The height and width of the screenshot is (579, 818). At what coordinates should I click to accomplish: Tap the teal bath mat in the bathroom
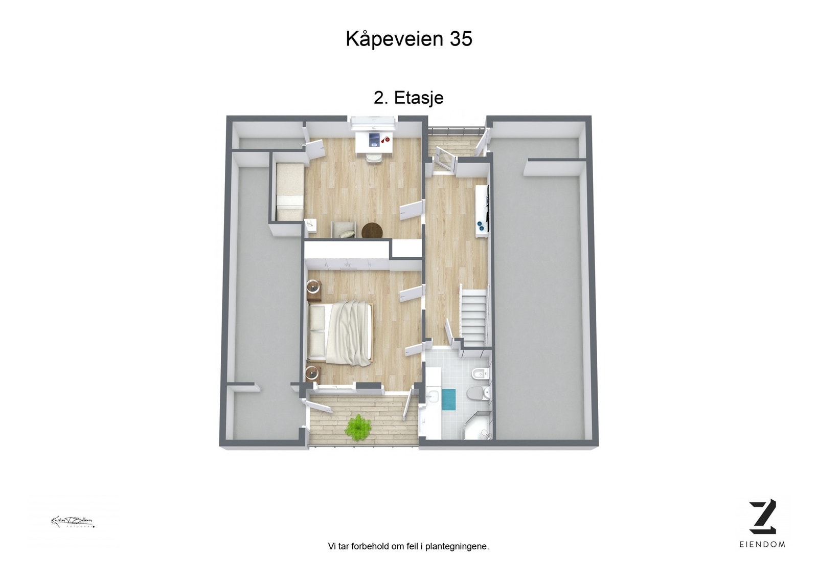point(448,399)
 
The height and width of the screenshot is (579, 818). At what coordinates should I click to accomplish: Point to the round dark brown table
point(372,231)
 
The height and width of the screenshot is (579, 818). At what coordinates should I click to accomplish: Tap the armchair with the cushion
point(344,230)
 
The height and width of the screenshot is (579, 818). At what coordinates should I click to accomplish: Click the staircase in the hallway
point(473,316)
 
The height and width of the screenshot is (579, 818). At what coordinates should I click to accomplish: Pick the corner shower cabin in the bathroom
point(479,426)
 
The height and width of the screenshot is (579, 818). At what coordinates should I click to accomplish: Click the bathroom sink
point(432,395)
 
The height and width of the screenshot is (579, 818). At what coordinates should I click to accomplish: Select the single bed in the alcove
point(289,191)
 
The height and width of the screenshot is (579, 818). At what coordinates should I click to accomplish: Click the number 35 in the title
point(461,39)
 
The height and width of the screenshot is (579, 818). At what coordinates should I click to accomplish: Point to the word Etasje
point(418,98)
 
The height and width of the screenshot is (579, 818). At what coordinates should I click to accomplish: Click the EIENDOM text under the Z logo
point(762,544)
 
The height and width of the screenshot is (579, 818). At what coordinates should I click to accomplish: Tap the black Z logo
point(762,516)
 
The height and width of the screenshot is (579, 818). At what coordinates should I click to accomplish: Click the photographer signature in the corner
point(73,522)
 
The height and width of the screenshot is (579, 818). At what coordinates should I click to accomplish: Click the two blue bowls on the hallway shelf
point(481,226)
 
